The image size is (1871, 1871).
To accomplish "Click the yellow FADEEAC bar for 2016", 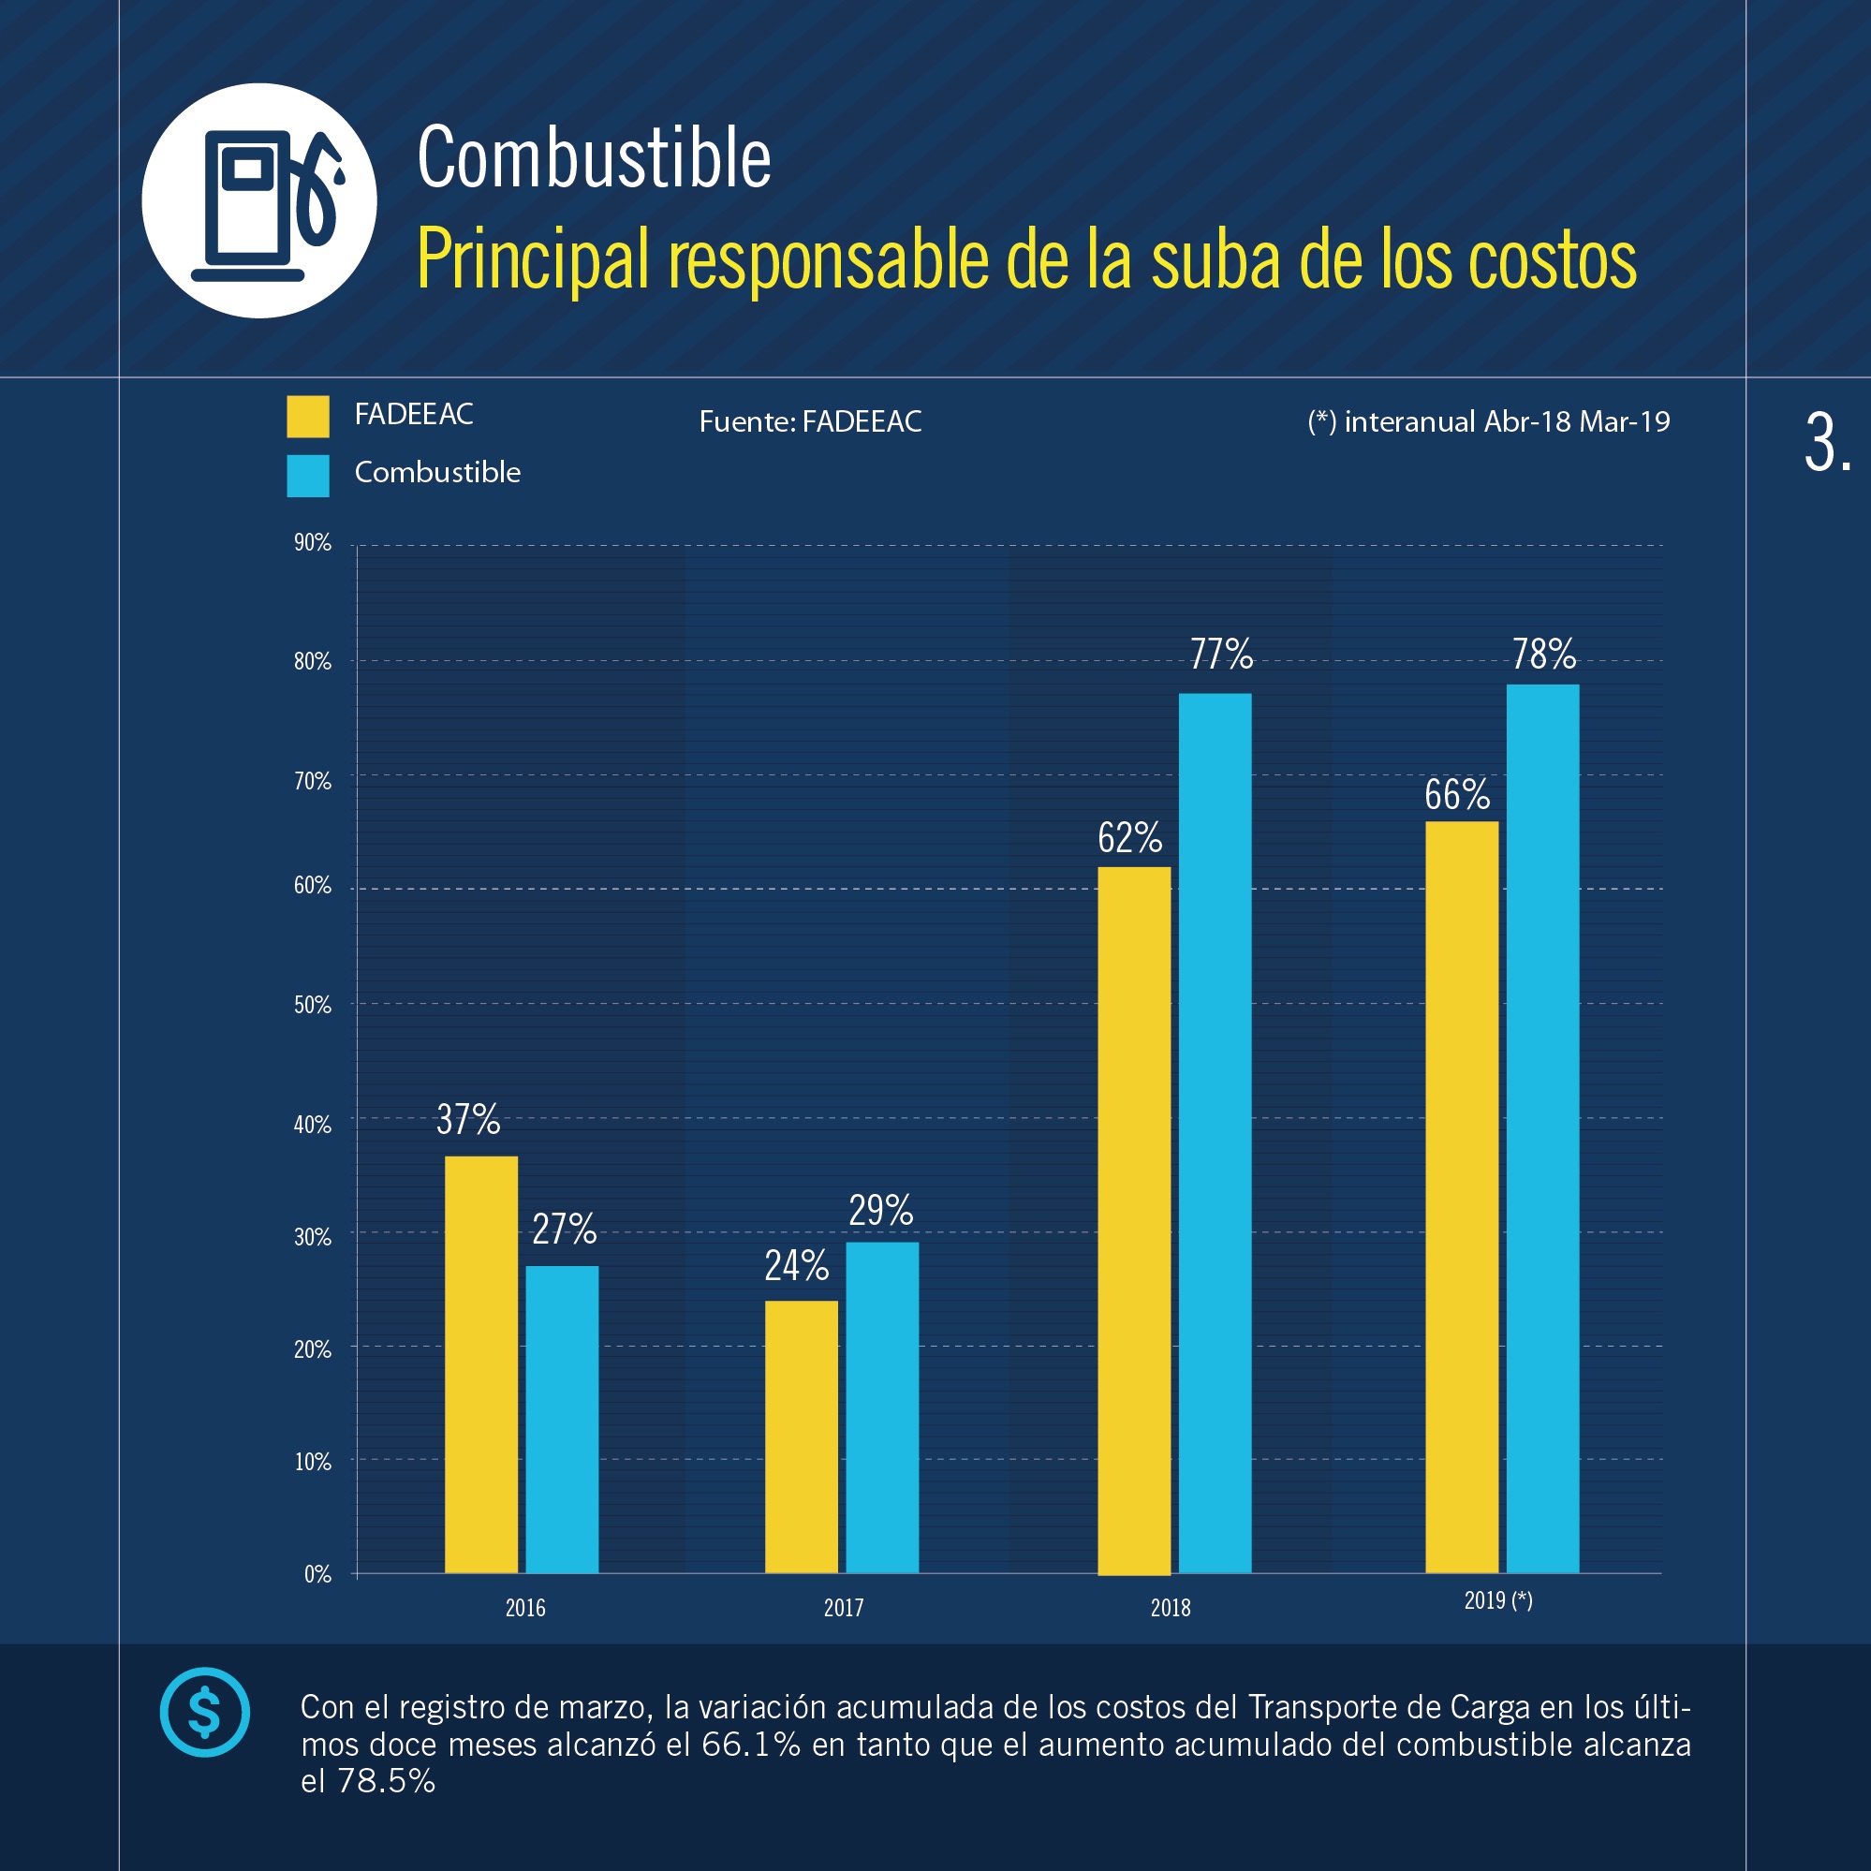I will [x=480, y=1364].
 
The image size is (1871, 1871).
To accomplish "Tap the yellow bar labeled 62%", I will [x=1133, y=1220].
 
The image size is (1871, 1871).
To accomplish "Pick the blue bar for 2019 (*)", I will [x=1541, y=1128].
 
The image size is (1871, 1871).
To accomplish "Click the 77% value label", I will [x=1220, y=655].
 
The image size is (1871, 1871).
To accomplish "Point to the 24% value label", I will [x=796, y=1266].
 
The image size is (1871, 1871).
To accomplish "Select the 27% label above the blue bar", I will [x=564, y=1229].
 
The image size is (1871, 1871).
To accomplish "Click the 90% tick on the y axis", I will [x=312, y=543].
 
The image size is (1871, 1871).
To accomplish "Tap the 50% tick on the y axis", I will [x=312, y=1005].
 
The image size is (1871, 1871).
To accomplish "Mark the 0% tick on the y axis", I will [x=317, y=1574].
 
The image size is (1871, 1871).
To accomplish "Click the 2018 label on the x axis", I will [x=1170, y=1608].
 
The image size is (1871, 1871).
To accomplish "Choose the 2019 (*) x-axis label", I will [x=1497, y=1599].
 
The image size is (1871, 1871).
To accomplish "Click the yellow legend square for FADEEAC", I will [x=308, y=417].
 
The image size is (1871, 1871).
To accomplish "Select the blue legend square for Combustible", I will [x=308, y=476].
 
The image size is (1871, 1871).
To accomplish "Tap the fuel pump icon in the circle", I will [x=259, y=200].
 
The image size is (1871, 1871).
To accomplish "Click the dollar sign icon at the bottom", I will [x=204, y=1711].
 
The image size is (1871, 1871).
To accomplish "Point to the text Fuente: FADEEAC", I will [x=810, y=421].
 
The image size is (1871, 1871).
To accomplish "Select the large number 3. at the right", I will [x=1826, y=444].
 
